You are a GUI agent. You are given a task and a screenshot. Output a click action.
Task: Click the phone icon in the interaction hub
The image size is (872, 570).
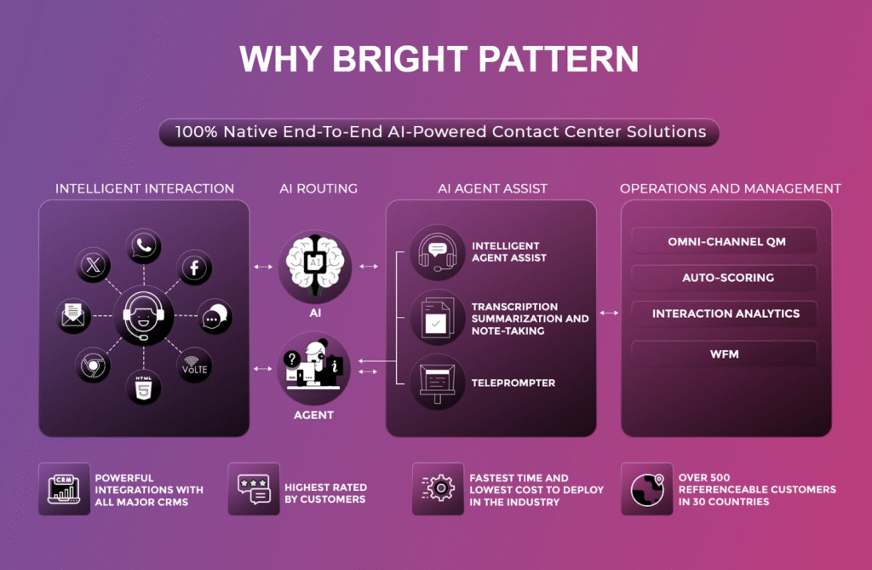143,245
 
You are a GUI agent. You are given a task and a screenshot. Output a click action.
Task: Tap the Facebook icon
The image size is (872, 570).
194,268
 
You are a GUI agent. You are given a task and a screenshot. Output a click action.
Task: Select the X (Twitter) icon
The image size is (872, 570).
93,265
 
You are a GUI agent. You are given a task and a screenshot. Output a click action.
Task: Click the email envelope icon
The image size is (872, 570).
73,315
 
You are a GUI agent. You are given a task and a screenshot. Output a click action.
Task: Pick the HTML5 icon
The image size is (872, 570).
143,386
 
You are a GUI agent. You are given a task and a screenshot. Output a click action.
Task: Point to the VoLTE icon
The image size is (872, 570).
194,366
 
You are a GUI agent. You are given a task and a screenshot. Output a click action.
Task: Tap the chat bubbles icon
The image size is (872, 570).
214,316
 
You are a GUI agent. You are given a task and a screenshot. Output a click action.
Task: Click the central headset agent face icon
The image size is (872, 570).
143,315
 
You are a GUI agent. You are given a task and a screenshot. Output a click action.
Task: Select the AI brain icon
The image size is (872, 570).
315,267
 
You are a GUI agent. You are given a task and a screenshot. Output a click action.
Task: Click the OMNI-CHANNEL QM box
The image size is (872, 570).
724,242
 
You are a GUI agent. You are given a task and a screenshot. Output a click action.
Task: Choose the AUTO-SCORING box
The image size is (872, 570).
724,277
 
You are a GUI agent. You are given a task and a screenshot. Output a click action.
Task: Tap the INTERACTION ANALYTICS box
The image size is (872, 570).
724,314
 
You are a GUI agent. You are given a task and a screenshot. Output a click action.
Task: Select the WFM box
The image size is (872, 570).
724,354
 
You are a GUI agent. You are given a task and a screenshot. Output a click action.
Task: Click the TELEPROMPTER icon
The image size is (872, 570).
438,383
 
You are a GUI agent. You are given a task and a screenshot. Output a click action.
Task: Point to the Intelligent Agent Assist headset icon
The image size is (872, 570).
438,252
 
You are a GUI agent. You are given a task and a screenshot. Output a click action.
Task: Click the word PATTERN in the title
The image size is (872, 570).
559,59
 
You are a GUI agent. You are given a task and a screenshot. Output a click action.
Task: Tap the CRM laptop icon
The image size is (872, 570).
64,489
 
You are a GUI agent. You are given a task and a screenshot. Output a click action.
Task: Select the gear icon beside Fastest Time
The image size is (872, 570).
438,489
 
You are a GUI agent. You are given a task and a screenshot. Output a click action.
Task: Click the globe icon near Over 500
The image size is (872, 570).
647,489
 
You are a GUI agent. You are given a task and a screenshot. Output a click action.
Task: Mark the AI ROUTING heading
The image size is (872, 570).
318,188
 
